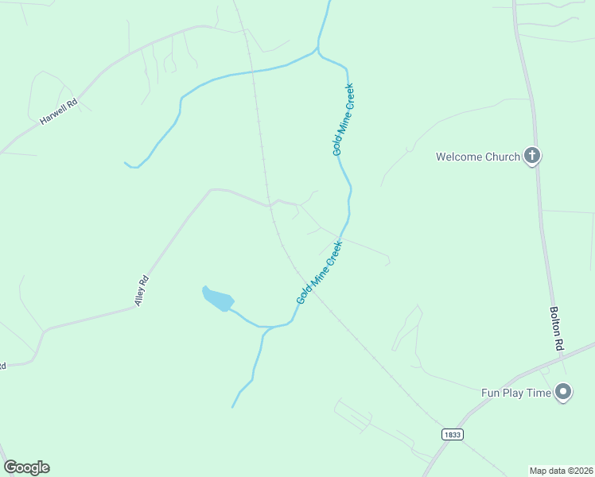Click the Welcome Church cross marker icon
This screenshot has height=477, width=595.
pos(532,156)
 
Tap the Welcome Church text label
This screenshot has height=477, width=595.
pos(477,157)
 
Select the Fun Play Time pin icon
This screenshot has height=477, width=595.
pos(564,391)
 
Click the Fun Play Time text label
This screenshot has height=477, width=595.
pos(516,393)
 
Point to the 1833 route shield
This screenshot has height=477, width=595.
pos(453,434)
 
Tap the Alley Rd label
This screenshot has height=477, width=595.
pos(142,291)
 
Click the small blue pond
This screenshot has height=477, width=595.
pos(218,299)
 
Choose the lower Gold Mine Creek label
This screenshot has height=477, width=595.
pos(319,272)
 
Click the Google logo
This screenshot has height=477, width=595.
pos(26,467)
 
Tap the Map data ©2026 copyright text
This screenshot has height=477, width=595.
pos(561,470)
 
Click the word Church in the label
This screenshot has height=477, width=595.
pos(501,157)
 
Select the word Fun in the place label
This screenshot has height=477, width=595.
pos(491,393)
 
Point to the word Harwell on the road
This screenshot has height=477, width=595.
pos(52,116)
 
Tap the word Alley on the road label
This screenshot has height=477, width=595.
pos(140,295)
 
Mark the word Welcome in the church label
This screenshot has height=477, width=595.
pos(459,157)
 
